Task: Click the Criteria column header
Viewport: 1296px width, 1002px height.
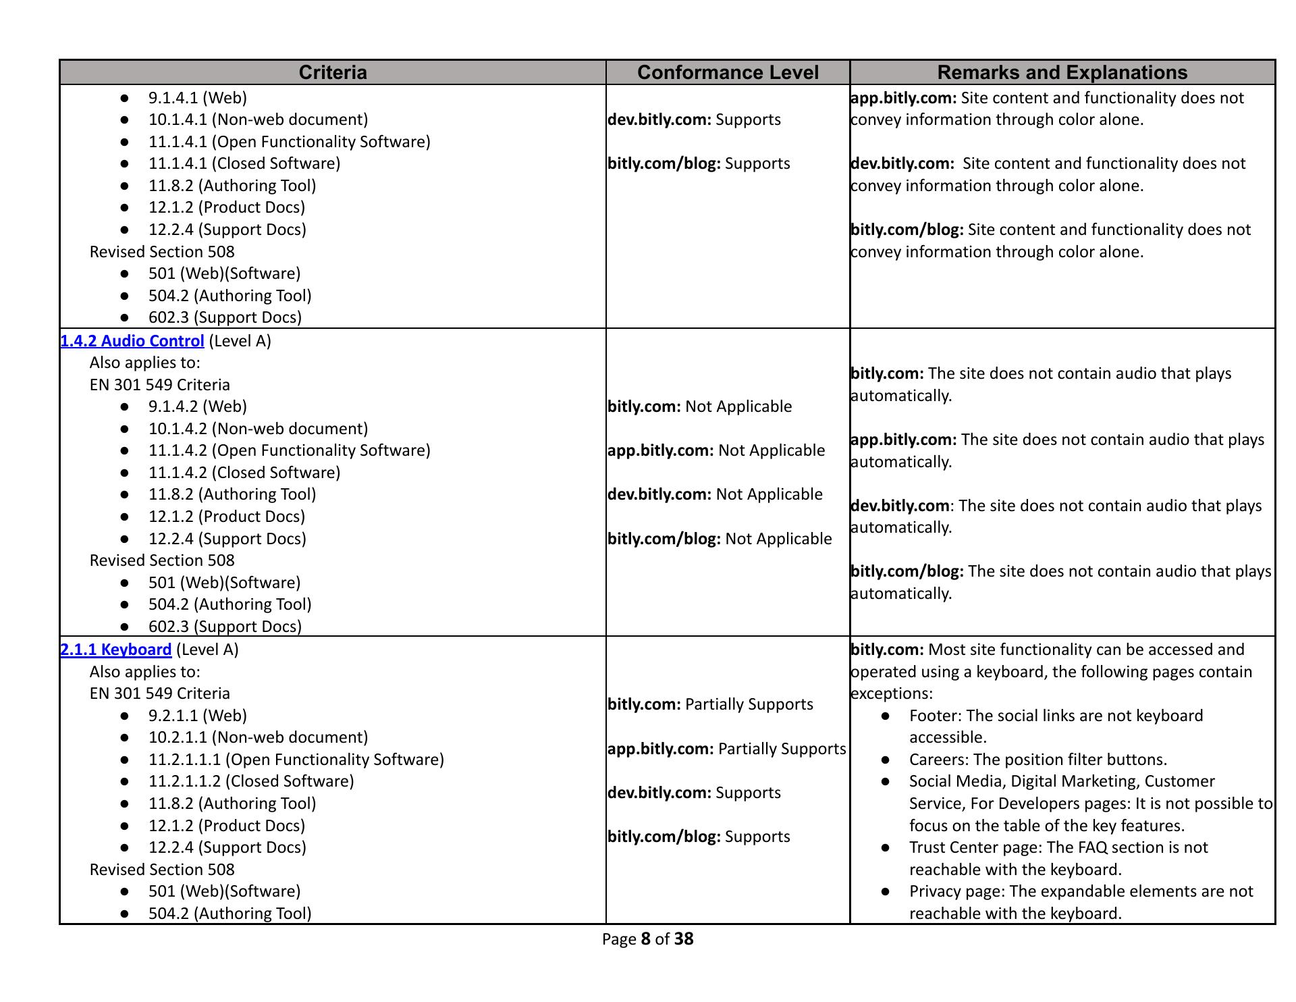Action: [x=332, y=72]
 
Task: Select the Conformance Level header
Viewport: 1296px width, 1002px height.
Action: [x=727, y=72]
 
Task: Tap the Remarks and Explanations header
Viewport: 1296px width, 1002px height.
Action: [x=1062, y=72]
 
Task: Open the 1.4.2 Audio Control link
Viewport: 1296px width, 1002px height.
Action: [x=132, y=341]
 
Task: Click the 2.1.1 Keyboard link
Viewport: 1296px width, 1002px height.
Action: [x=116, y=650]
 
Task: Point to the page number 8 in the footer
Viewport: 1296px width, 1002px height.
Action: [x=645, y=939]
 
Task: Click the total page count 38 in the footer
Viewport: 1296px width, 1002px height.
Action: [x=683, y=939]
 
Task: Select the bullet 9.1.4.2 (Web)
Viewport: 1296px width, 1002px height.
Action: [x=197, y=406]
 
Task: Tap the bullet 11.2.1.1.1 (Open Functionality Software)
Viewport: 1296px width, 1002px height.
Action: [x=296, y=760]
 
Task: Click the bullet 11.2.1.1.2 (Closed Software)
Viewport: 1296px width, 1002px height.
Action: [x=250, y=781]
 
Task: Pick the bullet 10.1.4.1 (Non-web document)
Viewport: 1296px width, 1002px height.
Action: [x=258, y=120]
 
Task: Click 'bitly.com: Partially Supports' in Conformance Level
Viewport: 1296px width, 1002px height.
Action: [x=710, y=704]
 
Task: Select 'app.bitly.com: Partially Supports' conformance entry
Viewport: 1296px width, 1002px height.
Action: [x=726, y=749]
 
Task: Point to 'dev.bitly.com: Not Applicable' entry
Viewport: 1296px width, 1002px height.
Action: [x=715, y=494]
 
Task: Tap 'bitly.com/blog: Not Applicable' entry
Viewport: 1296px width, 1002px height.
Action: [x=720, y=539]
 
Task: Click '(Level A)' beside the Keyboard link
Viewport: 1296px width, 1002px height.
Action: [x=207, y=650]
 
